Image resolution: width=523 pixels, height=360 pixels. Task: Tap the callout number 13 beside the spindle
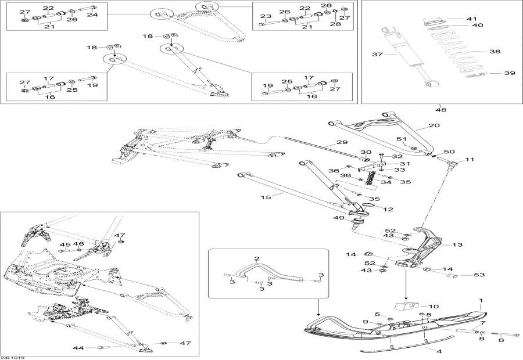pyautogui.click(x=457, y=244)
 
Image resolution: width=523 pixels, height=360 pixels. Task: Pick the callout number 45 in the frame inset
pyautogui.click(x=63, y=244)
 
